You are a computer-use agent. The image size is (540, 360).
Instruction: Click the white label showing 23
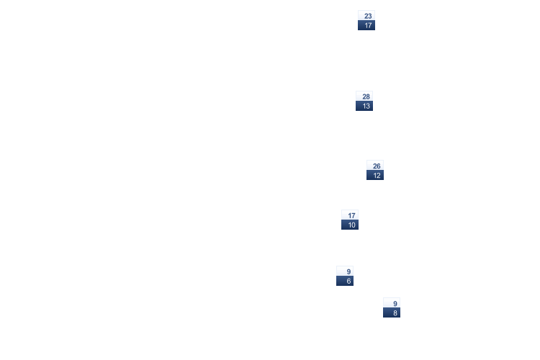point(366,16)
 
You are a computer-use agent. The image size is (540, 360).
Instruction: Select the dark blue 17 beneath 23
point(366,25)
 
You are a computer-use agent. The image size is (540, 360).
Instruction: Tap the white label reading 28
point(364,96)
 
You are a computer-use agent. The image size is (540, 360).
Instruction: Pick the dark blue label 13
point(364,106)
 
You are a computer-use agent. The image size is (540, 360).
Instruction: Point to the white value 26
point(375,166)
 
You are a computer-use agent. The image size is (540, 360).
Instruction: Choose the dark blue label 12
point(375,175)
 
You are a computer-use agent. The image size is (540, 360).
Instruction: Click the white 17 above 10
point(350,215)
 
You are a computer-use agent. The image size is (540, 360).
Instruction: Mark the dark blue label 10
point(350,225)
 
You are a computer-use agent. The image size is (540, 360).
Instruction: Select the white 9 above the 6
point(345,271)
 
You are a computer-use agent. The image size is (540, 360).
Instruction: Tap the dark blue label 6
point(345,281)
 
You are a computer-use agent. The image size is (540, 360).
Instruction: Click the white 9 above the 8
point(392,303)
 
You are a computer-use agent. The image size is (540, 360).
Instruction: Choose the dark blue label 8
point(392,312)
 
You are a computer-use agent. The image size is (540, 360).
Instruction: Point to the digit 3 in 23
point(370,16)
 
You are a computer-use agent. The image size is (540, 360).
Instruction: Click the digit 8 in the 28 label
point(369,96)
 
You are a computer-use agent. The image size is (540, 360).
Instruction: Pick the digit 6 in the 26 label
point(379,166)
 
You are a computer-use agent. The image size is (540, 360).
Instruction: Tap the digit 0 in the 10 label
point(354,225)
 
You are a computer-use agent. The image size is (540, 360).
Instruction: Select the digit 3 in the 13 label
point(369,106)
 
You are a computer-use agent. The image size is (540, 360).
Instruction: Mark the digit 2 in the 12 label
point(379,175)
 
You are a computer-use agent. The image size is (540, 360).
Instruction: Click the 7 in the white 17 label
point(354,215)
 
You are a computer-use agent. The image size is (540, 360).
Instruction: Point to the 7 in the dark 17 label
point(370,25)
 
